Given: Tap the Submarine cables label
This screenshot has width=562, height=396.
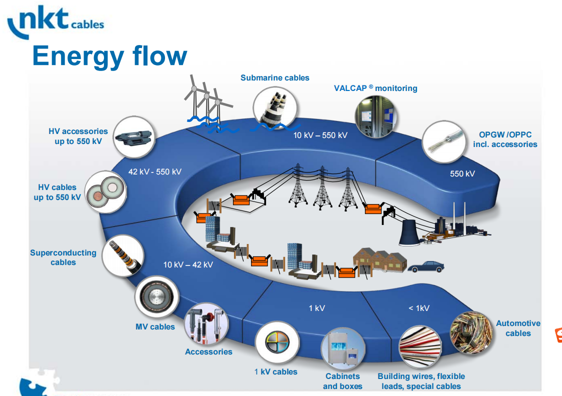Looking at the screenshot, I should [x=274, y=77].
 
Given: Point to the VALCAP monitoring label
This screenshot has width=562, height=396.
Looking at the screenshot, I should [x=375, y=88].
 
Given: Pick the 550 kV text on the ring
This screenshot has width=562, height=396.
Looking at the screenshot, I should [x=462, y=173].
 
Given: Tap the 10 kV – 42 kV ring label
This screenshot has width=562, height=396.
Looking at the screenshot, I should [x=188, y=264].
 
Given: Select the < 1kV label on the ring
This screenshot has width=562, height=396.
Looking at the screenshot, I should [x=419, y=308].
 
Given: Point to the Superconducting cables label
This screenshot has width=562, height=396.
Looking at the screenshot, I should [x=63, y=257].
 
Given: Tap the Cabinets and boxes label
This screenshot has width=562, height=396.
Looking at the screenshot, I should [x=342, y=381].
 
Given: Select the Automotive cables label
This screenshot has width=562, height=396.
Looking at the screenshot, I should [x=518, y=328].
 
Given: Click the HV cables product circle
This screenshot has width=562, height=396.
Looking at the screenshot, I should [x=104, y=192].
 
